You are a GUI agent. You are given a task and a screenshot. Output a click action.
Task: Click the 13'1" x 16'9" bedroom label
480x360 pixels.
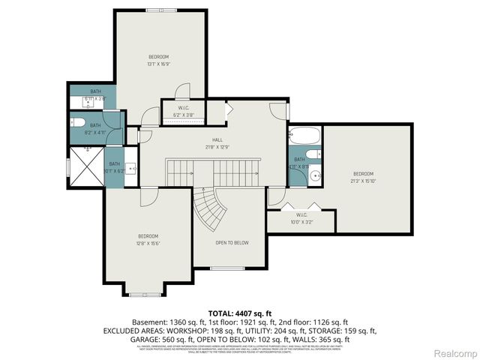point(158,61)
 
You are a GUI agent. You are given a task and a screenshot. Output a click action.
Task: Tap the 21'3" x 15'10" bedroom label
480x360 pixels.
point(363,176)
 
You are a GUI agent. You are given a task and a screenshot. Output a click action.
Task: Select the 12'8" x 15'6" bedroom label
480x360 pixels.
point(148,240)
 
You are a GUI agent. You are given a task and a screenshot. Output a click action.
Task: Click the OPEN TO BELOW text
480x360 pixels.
point(232,242)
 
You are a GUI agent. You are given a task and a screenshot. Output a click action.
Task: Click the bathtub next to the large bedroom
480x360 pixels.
point(304,137)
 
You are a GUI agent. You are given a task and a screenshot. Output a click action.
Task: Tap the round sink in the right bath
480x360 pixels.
point(315,177)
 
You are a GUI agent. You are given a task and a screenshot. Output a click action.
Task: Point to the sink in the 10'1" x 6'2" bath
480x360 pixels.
point(129,169)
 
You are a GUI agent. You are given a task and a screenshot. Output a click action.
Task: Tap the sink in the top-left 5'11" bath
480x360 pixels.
point(79,100)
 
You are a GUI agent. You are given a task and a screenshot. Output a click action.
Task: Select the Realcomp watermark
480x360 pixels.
point(455,352)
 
